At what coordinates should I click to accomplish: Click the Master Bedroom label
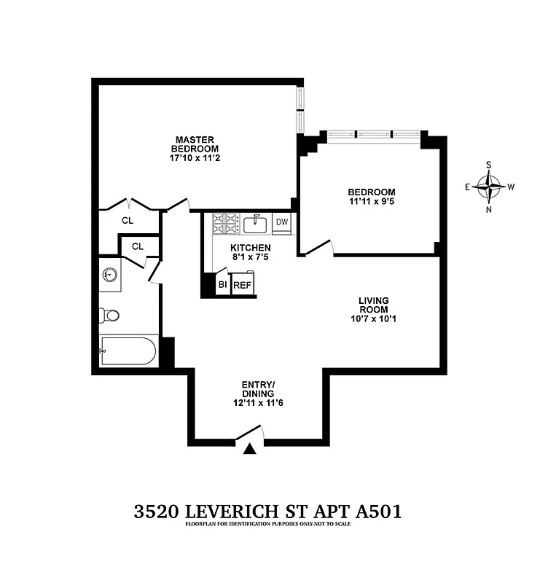(193, 144)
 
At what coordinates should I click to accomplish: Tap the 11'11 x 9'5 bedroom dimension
(371, 204)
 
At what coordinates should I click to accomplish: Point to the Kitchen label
(246, 248)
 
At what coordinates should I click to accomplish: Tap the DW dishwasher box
(282, 222)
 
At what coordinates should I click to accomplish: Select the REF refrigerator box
(242, 284)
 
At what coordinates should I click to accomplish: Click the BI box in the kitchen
(223, 284)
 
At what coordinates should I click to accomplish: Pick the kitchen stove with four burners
(225, 223)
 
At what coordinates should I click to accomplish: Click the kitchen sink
(256, 222)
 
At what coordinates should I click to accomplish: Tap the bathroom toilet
(109, 316)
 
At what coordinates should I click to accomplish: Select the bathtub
(128, 351)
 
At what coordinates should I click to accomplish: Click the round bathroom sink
(110, 275)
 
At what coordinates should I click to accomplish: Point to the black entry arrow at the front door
(250, 449)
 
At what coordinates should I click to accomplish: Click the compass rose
(488, 186)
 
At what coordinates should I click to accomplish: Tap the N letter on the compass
(488, 210)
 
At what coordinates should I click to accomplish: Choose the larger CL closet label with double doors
(128, 219)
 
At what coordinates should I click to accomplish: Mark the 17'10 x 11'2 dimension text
(193, 157)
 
